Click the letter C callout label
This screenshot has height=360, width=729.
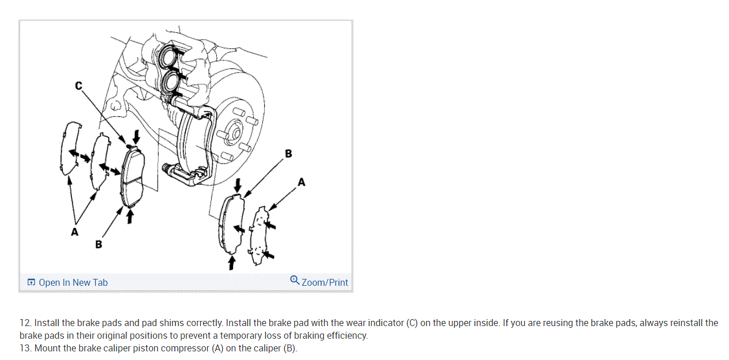pyautogui.click(x=78, y=86)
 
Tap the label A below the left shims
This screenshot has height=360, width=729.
pyautogui.click(x=74, y=232)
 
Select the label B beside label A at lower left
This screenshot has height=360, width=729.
pyautogui.click(x=98, y=244)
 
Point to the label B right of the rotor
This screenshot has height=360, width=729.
pyautogui.click(x=288, y=154)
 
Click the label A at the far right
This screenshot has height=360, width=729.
pyautogui.click(x=301, y=182)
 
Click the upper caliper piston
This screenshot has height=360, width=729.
pyautogui.click(x=169, y=56)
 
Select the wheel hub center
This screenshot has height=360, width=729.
pyautogui.click(x=234, y=131)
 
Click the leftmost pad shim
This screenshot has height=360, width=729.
pyautogui.click(x=68, y=148)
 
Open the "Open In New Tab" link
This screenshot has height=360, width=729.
pyautogui.click(x=67, y=282)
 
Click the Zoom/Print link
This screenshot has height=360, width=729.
pyautogui.click(x=325, y=282)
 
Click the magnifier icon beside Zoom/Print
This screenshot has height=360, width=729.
pyautogui.click(x=295, y=281)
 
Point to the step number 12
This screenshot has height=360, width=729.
pyautogui.click(x=25, y=323)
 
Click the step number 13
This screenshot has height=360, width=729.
pyautogui.click(x=25, y=348)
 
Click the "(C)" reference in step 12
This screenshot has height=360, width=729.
pyautogui.click(x=411, y=323)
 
